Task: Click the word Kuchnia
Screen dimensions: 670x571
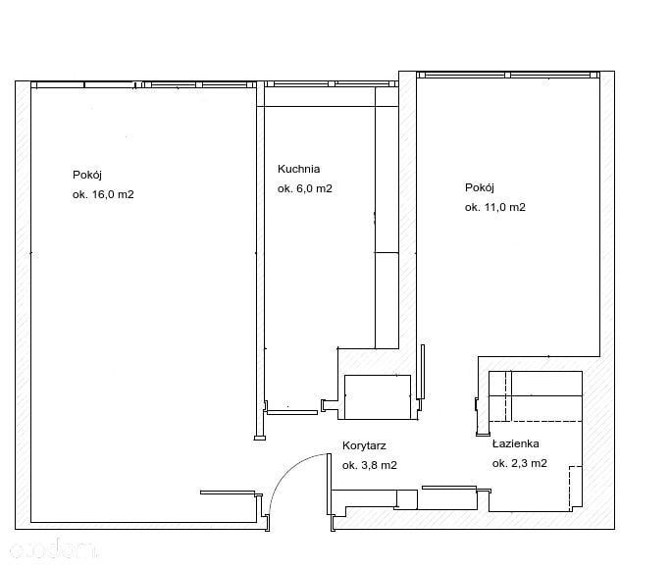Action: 298,169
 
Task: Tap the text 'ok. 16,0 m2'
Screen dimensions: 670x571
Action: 103,194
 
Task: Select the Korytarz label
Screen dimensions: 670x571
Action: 364,445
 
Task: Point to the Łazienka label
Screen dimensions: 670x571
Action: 515,443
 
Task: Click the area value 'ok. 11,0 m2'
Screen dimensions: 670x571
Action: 495,207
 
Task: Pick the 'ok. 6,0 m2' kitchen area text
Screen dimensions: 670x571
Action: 305,188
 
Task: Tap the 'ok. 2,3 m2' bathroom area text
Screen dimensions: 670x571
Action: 520,463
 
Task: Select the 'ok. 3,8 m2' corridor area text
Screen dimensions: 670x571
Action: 370,465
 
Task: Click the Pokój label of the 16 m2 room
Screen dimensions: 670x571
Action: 87,175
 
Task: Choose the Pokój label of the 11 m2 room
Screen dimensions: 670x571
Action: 480,187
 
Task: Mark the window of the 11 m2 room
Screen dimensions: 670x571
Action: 508,75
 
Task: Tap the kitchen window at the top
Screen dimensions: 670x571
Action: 329,83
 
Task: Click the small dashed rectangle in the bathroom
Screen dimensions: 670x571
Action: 575,488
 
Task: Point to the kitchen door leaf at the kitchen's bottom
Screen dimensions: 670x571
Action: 292,412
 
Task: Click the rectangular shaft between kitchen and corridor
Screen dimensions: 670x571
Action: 378,397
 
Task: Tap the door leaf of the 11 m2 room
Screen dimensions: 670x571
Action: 423,372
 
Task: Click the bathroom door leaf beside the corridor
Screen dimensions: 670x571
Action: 449,488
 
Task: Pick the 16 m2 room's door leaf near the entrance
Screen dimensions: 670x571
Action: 228,493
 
